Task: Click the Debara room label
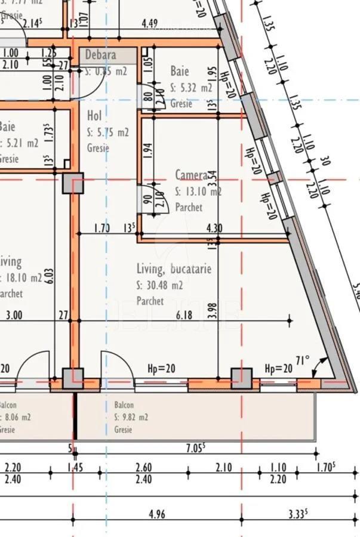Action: point(100,55)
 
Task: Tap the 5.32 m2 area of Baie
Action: point(191,88)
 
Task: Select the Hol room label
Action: point(94,116)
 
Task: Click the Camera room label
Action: point(191,175)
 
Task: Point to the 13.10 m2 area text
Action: point(198,192)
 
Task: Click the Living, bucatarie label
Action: point(174,269)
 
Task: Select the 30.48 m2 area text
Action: point(159,285)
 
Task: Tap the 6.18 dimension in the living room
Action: point(184,315)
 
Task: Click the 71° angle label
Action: point(303,361)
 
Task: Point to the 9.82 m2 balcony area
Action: point(131,417)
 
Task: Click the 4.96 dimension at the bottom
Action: point(156,514)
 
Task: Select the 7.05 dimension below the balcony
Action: point(196,447)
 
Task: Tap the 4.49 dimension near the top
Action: point(150,24)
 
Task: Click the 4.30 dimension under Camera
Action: point(214,228)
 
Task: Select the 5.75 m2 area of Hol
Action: point(107,132)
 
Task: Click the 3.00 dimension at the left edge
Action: point(14,316)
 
